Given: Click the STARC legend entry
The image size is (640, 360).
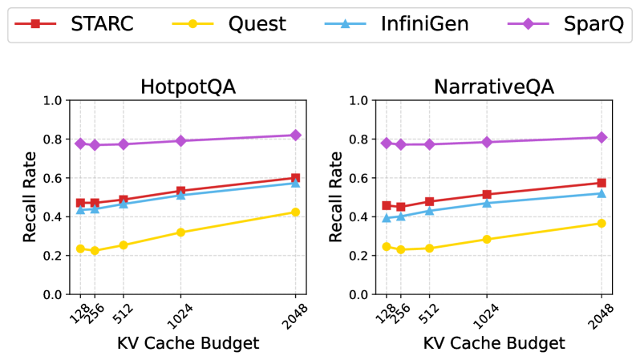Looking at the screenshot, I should point(76,23).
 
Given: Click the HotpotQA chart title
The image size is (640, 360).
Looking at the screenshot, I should point(187,86).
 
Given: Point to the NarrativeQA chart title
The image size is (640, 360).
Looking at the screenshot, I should point(494,86).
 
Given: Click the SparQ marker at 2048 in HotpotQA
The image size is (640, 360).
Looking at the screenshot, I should point(295,136).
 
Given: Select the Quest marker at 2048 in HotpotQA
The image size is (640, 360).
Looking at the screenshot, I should point(295,212).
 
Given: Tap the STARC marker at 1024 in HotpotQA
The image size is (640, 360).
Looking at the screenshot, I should point(180,191).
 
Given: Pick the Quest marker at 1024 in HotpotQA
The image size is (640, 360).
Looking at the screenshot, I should point(180,233).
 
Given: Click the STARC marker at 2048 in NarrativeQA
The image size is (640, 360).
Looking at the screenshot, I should point(602,183).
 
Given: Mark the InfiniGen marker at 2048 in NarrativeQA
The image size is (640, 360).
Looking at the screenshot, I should point(602,193).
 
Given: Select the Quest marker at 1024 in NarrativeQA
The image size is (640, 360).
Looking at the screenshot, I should point(487,239).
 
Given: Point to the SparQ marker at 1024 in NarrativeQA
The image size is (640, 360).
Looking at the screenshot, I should point(487,142).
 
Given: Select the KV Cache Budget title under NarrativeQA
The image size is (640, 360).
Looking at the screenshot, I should point(494,343).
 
